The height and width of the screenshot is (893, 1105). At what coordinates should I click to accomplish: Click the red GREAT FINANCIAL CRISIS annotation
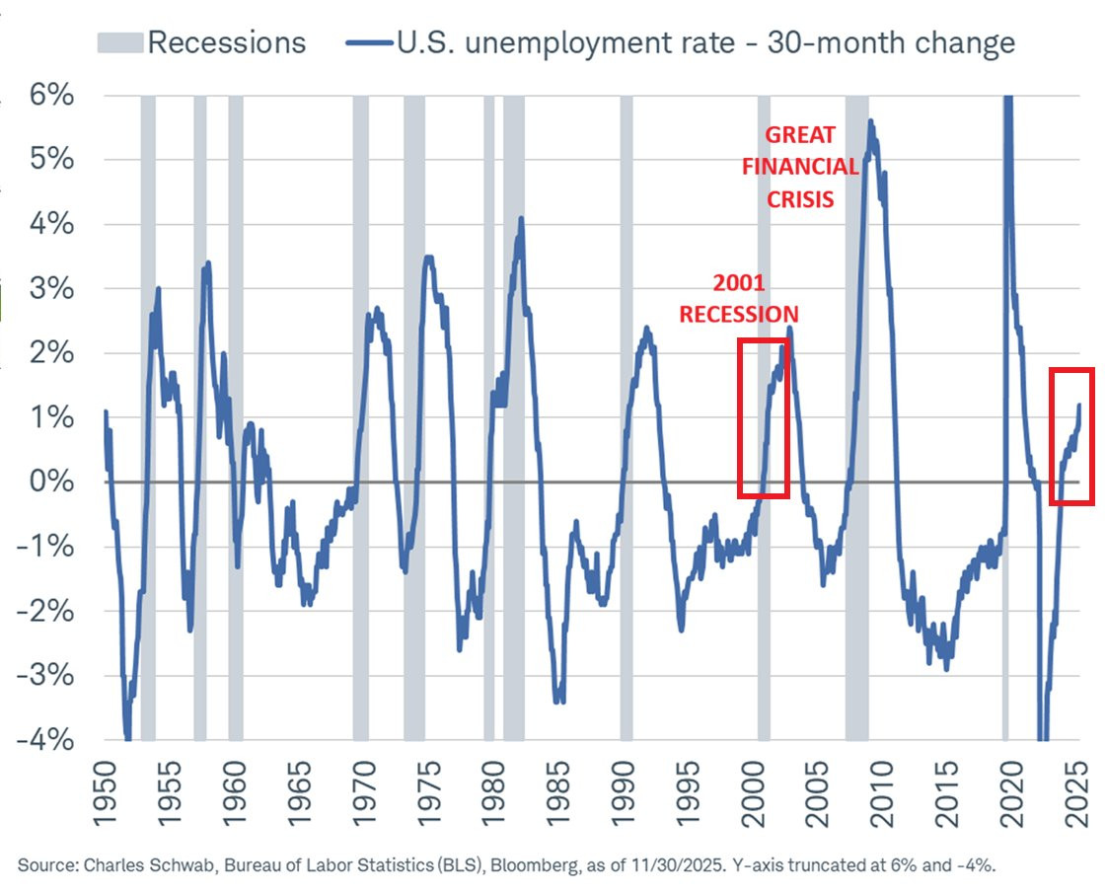click(x=800, y=166)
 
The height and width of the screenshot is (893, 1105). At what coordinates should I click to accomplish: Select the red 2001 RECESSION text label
click(x=738, y=299)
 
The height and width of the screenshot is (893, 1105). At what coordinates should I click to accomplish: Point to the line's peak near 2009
click(x=870, y=121)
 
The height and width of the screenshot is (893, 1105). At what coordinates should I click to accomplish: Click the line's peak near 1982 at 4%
click(x=521, y=219)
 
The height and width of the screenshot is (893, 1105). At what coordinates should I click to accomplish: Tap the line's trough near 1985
click(x=559, y=701)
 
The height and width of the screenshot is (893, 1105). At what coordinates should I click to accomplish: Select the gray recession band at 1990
click(x=626, y=414)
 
